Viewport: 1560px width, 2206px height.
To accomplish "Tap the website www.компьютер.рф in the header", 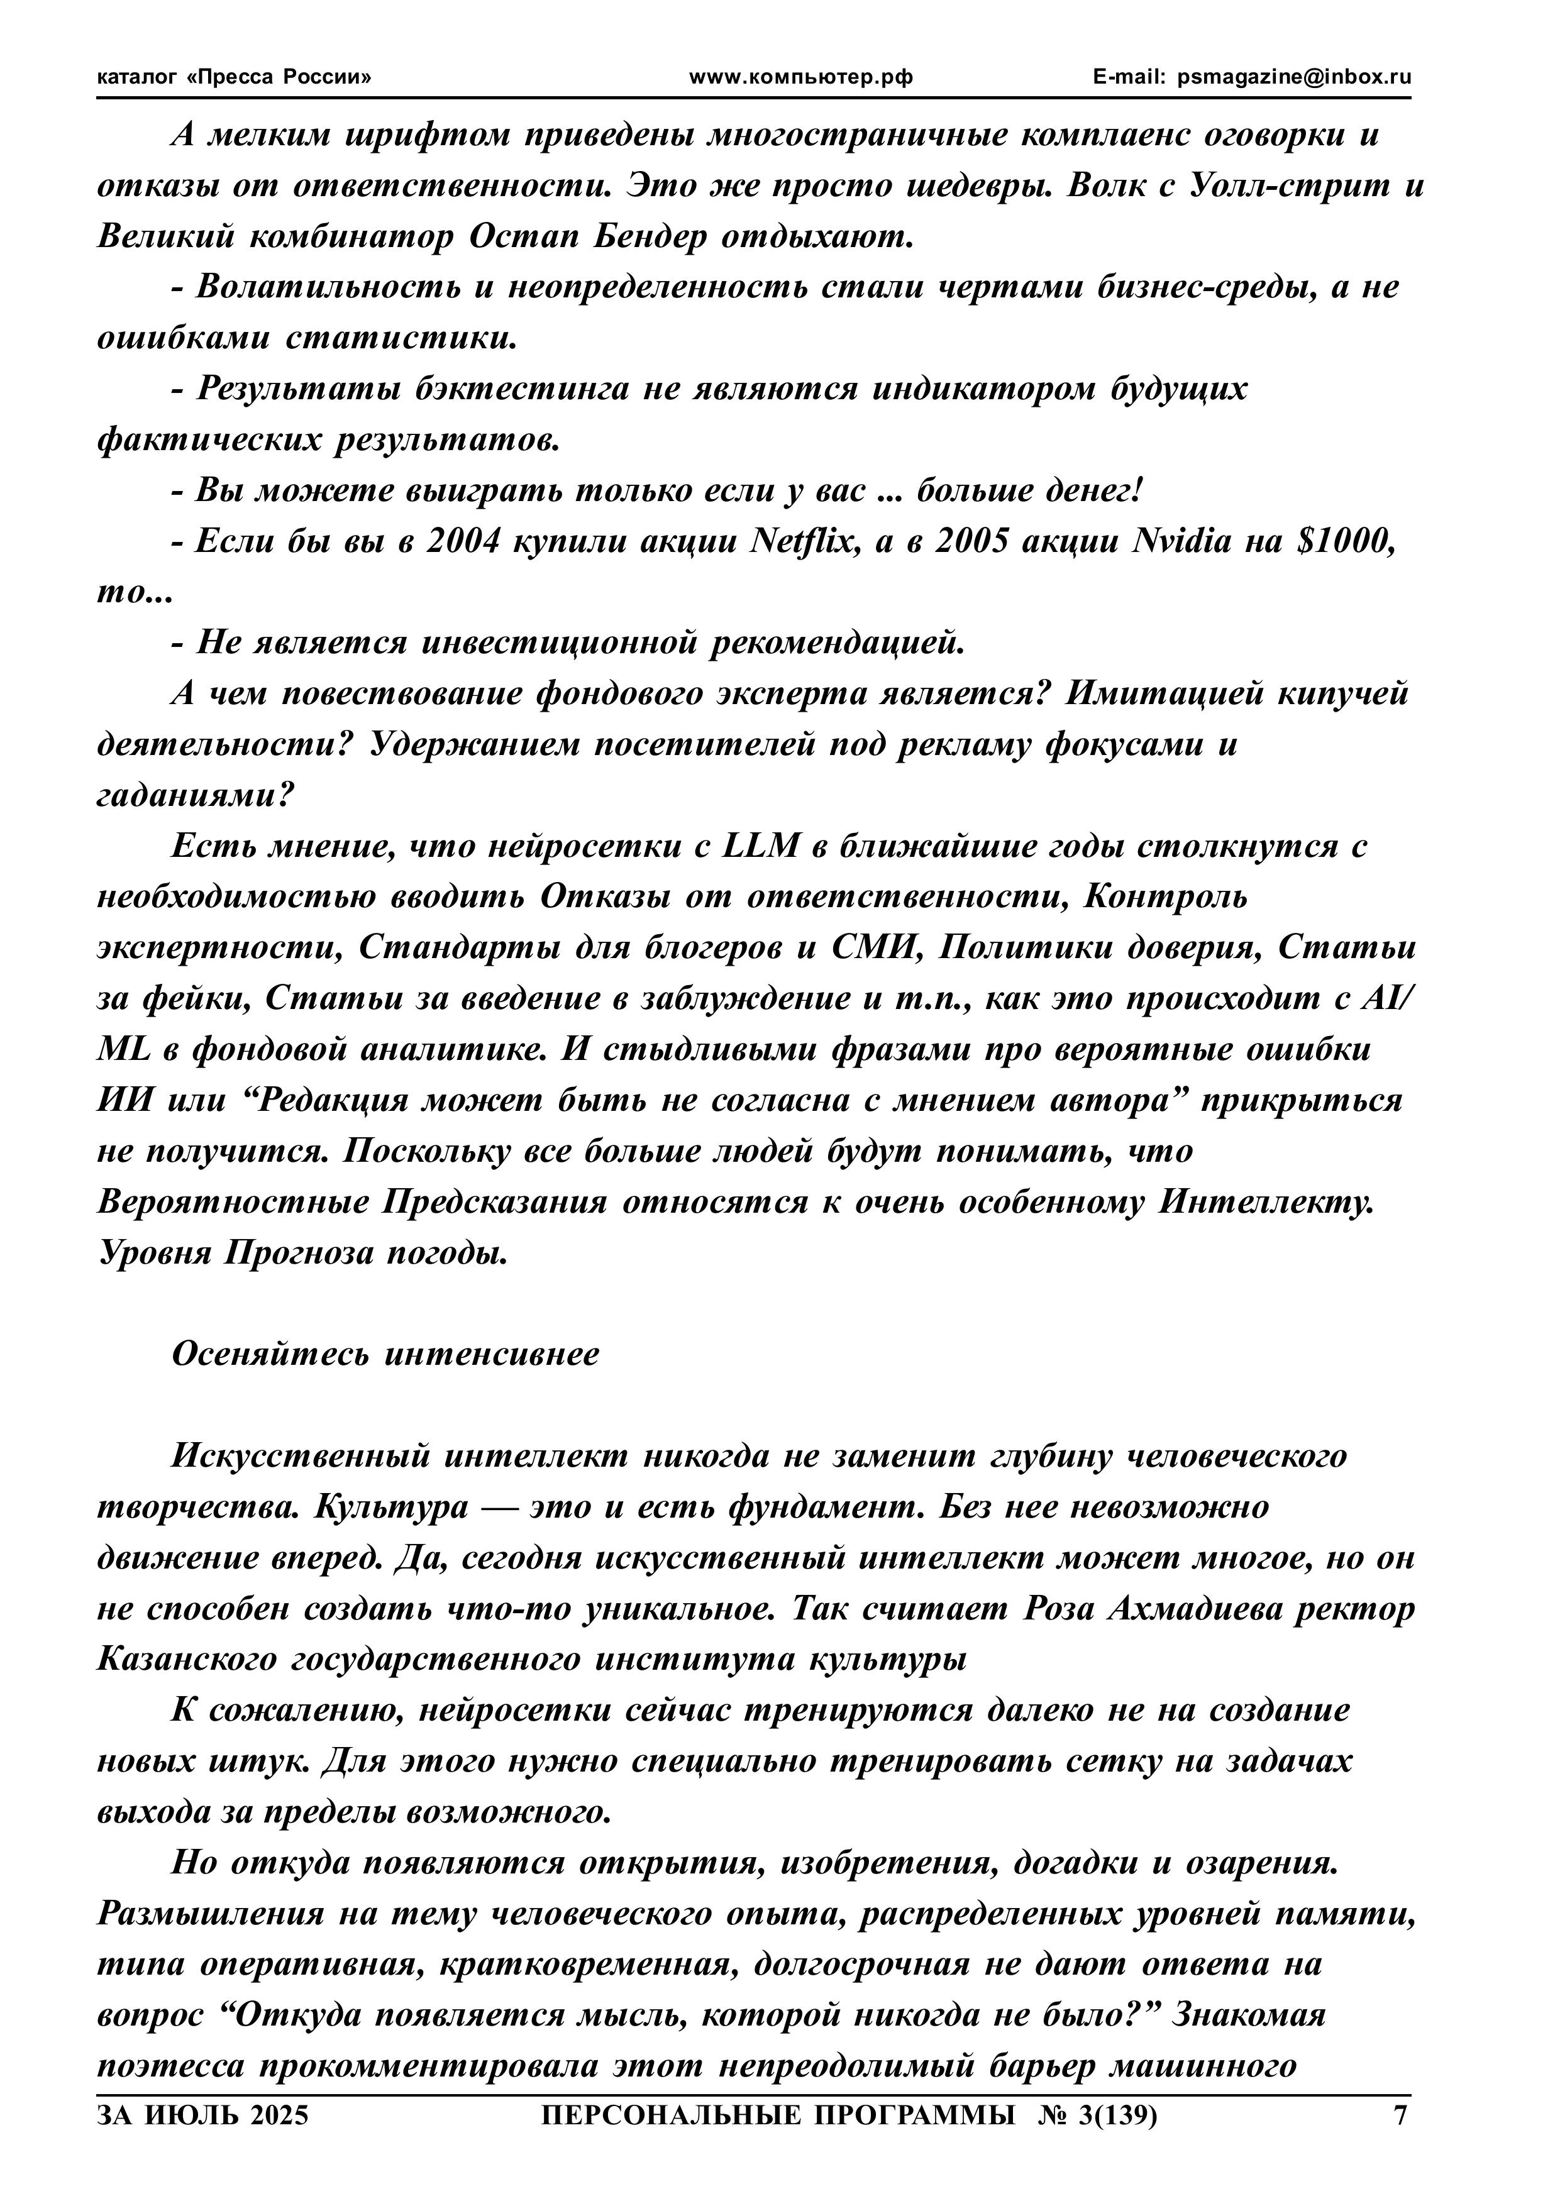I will [802, 78].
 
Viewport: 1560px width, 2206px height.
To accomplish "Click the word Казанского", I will [185, 1659].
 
